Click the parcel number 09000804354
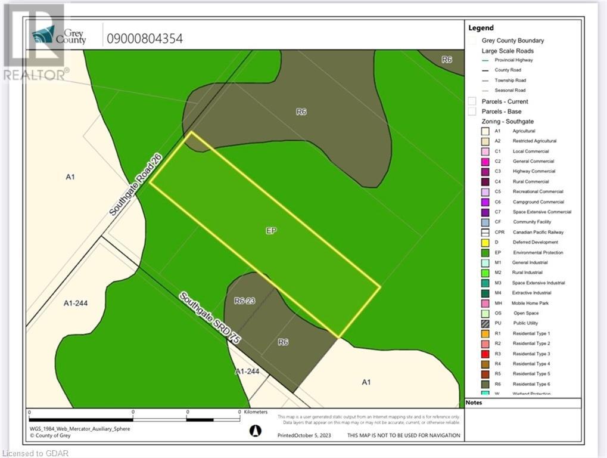pyautogui.click(x=144, y=39)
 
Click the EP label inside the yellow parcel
pyautogui.click(x=271, y=230)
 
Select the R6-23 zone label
pyautogui.click(x=244, y=301)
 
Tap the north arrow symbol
pyautogui.click(x=254, y=429)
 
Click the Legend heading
pyautogui.click(x=481, y=27)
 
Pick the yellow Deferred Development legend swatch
pyautogui.click(x=485, y=243)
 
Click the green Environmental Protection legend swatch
pyautogui.click(x=485, y=253)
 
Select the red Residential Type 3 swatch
pyautogui.click(x=485, y=354)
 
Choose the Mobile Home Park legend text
pyautogui.click(x=531, y=304)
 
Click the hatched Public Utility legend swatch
pyautogui.click(x=485, y=323)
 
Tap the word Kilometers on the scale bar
pyautogui.click(x=256, y=412)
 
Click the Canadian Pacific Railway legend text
pyautogui.click(x=538, y=233)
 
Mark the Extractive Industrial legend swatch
pyautogui.click(x=485, y=293)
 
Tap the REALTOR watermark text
pyautogui.click(x=36, y=75)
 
